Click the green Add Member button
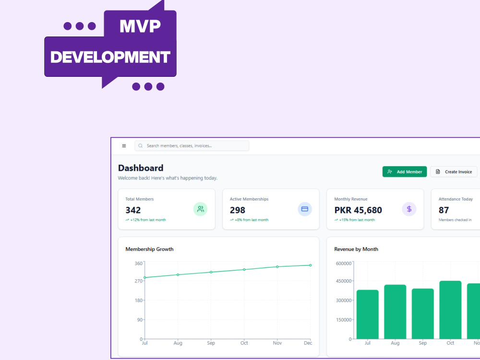click(x=404, y=172)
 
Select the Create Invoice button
click(x=454, y=172)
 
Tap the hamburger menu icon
click(x=124, y=146)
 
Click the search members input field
click(x=192, y=146)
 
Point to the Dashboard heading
click(x=141, y=168)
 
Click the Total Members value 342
click(x=133, y=210)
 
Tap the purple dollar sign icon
click(x=409, y=209)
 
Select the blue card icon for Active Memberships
click(x=305, y=209)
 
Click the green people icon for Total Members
click(x=200, y=209)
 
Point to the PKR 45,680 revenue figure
click(x=358, y=210)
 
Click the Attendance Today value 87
click(x=444, y=210)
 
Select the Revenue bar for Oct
click(x=450, y=310)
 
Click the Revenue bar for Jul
click(x=367, y=314)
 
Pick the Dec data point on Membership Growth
click(x=311, y=265)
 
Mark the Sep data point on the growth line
click(x=211, y=272)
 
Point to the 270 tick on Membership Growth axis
click(x=139, y=281)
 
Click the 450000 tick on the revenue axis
click(x=344, y=281)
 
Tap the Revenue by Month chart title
click(x=356, y=249)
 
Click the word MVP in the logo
click(x=140, y=26)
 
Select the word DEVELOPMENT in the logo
click(x=110, y=57)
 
